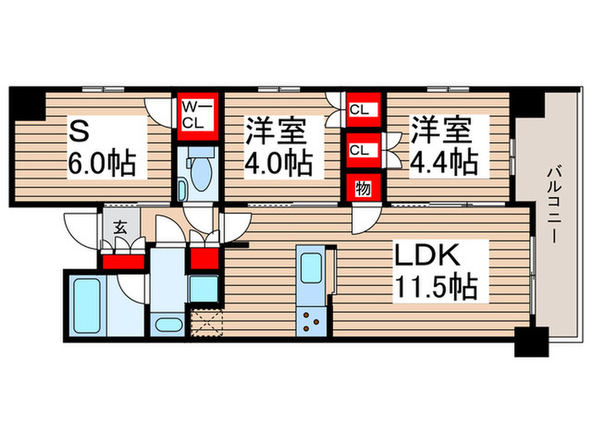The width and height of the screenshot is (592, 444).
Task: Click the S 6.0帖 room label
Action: [x=102, y=146]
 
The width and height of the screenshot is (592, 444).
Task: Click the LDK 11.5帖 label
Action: [x=435, y=271]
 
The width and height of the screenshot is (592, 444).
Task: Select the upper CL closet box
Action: [x=359, y=109]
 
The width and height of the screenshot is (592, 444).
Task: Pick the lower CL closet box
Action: [x=359, y=150]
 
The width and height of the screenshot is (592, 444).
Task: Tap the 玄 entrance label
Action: [x=120, y=227]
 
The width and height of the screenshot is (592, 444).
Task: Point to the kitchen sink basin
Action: [x=310, y=270]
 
